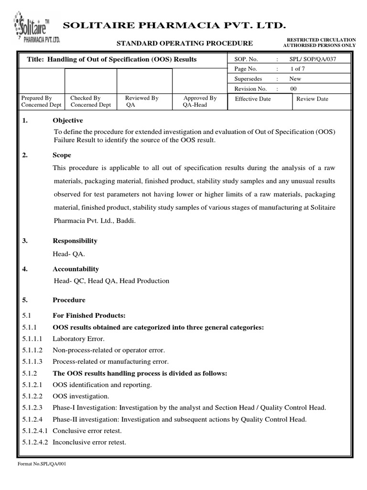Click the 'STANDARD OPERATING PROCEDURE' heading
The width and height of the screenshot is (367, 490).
click(x=185, y=44)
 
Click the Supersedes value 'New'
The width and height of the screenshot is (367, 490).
click(x=295, y=79)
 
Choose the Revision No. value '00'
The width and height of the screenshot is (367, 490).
click(x=293, y=89)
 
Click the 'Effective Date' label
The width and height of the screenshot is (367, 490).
click(x=253, y=99)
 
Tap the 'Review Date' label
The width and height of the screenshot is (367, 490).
click(x=312, y=99)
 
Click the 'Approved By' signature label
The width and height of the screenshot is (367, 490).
click(x=200, y=98)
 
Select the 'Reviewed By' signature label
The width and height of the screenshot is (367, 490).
click(x=141, y=98)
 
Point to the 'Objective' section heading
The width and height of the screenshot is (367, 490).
click(x=67, y=120)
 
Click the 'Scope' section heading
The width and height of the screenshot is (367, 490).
click(x=62, y=155)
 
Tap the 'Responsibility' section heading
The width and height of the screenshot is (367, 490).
click(x=75, y=241)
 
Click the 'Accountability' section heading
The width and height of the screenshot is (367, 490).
click(x=76, y=269)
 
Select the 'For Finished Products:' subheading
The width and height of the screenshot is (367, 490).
click(x=88, y=316)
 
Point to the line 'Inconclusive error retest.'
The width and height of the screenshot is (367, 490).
click(x=89, y=442)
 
